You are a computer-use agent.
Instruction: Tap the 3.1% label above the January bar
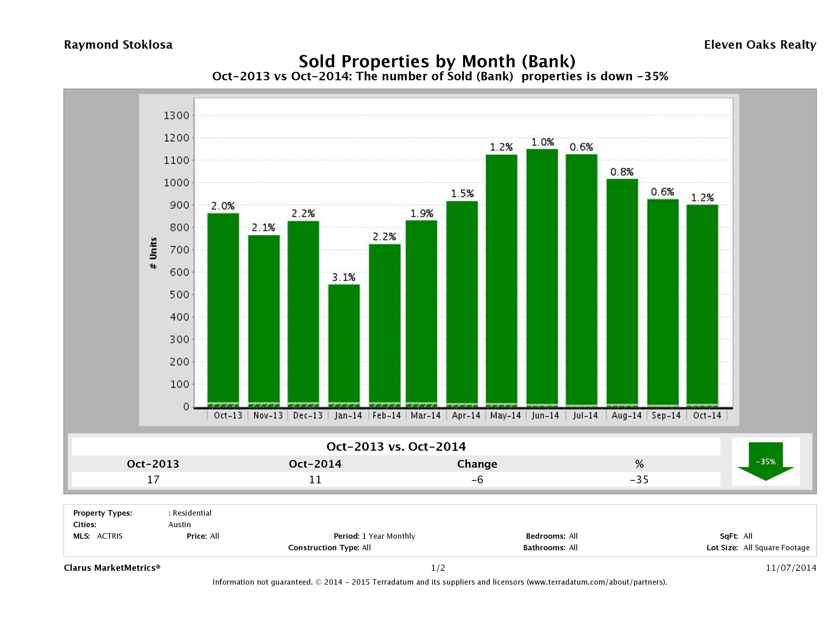click(x=344, y=277)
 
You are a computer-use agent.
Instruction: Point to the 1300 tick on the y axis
click(x=177, y=116)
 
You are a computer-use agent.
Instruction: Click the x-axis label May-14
click(x=505, y=415)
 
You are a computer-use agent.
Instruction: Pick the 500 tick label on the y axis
click(x=177, y=295)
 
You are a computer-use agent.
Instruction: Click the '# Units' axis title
click(x=153, y=253)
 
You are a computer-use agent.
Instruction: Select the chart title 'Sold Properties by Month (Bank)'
click(x=437, y=61)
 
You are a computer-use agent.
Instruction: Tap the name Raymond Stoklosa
click(x=118, y=45)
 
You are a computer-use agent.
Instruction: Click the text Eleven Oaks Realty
click(x=760, y=45)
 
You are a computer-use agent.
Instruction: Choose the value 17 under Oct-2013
click(x=153, y=480)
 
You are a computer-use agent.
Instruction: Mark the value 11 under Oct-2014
click(x=315, y=480)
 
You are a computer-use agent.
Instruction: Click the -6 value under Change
click(x=477, y=480)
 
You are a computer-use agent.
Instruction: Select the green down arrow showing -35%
click(x=765, y=462)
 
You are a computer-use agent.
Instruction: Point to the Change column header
click(x=477, y=464)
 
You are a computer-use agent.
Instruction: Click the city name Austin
click(x=179, y=525)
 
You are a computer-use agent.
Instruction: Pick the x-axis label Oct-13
click(x=228, y=415)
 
